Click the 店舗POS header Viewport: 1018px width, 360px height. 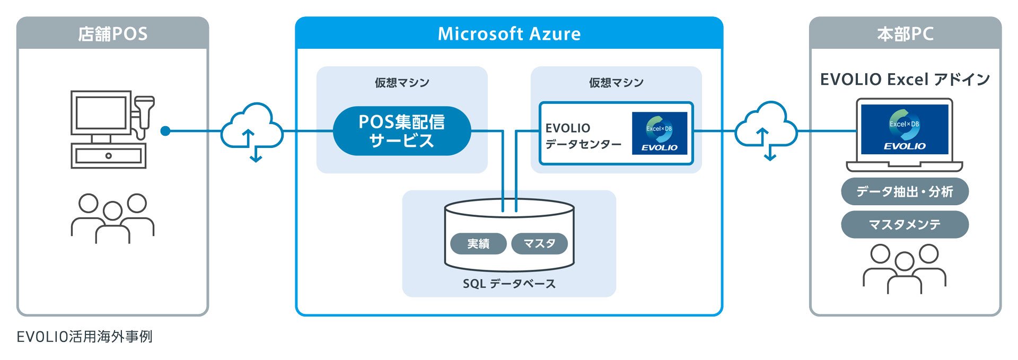pos(112,33)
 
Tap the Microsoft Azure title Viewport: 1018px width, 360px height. pos(509,33)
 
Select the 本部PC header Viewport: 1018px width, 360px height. pos(905,33)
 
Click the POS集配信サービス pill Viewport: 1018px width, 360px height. pos(402,131)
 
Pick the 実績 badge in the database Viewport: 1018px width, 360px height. pos(478,243)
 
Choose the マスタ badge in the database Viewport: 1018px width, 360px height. pos(539,243)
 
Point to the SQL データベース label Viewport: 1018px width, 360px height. pos(509,284)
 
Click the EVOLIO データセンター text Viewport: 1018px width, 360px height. pos(583,136)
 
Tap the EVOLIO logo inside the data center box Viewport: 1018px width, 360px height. pos(660,133)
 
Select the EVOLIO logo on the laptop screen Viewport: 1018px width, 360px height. pos(905,129)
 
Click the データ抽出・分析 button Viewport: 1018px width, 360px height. pos(905,191)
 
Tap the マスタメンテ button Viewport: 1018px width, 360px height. pos(905,224)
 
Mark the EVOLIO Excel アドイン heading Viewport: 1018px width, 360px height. pos(905,80)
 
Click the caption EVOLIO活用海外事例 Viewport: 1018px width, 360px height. pos(85,337)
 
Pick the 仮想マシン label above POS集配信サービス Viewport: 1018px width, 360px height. pos(402,83)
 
